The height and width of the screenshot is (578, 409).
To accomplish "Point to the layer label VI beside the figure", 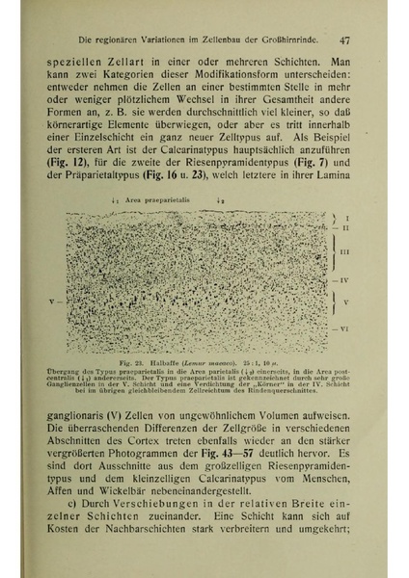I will (x=344, y=328).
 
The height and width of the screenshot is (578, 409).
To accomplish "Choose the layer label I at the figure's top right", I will (x=346, y=219).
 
